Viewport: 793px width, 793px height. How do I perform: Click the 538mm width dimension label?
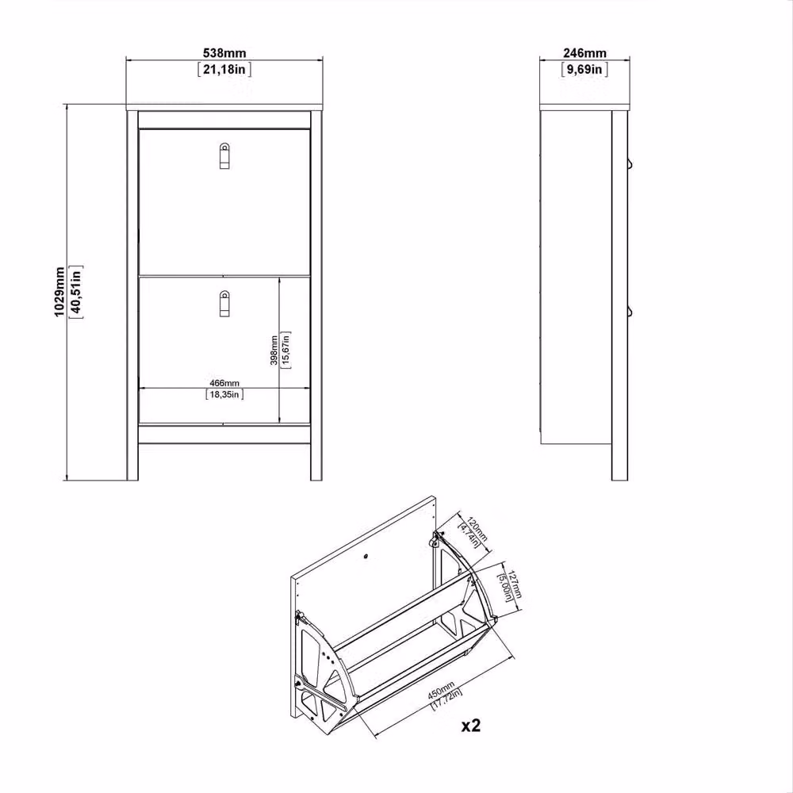(224, 52)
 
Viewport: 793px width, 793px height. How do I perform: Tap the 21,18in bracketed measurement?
(224, 69)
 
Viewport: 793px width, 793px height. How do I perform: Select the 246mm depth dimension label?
(584, 52)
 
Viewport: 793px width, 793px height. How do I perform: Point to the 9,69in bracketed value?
(584, 69)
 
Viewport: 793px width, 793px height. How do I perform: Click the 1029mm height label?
(59, 293)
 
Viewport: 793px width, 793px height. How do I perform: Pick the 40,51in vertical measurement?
(76, 293)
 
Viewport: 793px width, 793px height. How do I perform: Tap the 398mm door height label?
(274, 350)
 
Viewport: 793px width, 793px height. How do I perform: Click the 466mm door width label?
(224, 383)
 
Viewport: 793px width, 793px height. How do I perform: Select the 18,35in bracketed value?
(224, 394)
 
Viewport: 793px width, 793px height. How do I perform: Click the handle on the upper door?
(224, 155)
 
